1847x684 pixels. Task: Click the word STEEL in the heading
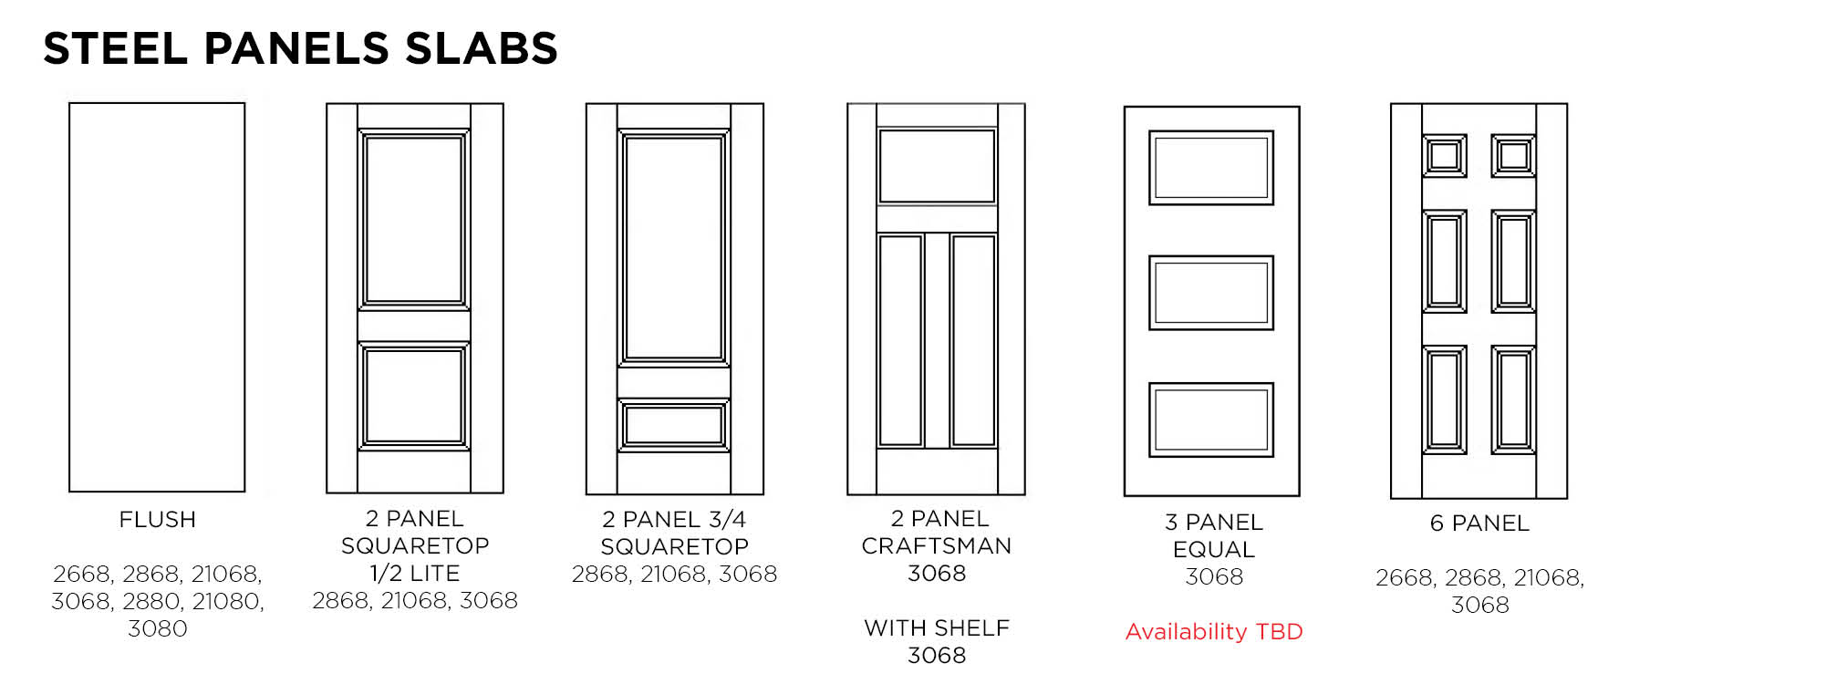[115, 48]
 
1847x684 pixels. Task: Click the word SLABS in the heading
[482, 48]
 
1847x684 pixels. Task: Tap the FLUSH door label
[158, 520]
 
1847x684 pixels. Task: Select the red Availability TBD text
[1214, 631]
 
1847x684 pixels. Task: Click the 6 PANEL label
[1479, 523]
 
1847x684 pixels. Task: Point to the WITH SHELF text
[937, 628]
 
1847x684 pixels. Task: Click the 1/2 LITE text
[415, 574]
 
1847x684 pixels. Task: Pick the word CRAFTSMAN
[937, 546]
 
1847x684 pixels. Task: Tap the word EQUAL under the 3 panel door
[1214, 550]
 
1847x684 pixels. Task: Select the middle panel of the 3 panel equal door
[1211, 293]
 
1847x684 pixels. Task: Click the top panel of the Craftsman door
[937, 166]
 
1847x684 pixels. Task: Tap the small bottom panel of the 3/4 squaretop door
[674, 426]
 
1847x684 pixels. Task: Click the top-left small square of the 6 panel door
[1445, 156]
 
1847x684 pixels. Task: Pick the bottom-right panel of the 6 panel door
[1514, 400]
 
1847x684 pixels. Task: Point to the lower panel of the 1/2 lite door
[414, 397]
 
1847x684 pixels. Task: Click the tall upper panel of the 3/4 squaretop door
[674, 248]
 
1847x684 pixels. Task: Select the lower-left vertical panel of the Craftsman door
[901, 341]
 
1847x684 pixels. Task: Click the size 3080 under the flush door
[158, 629]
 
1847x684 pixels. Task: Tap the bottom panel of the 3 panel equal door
[1211, 420]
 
